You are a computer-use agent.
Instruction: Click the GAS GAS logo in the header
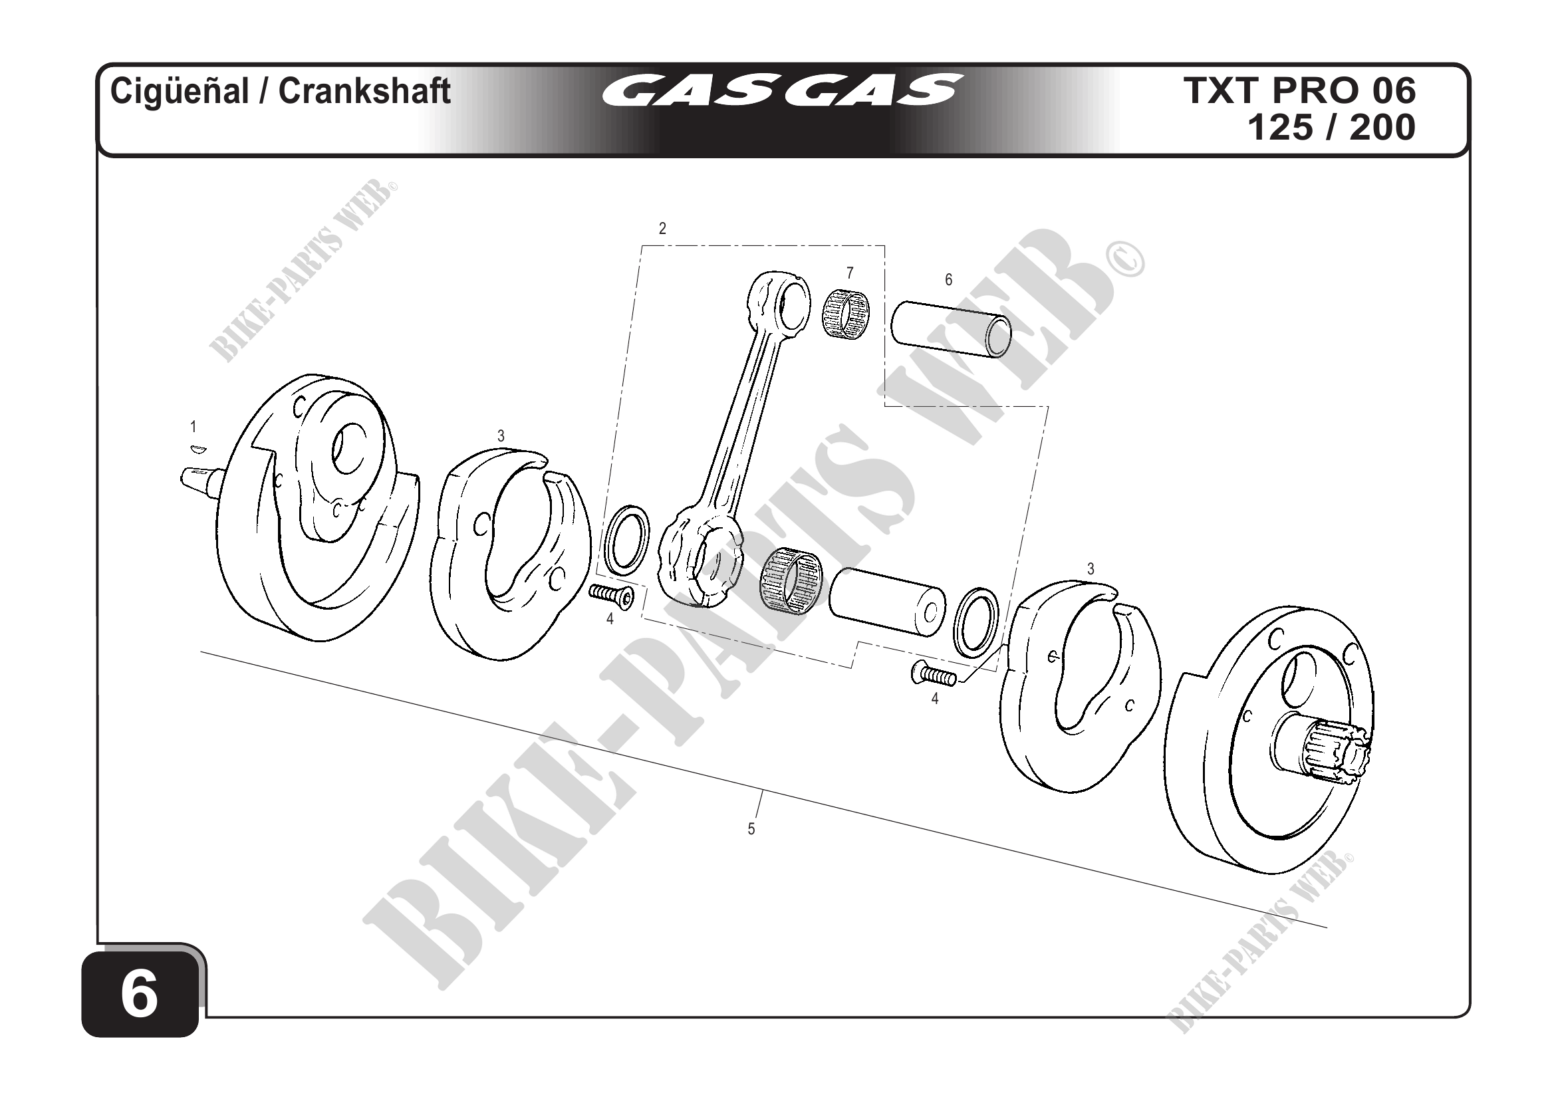click(x=781, y=91)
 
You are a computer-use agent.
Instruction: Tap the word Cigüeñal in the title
click(x=180, y=91)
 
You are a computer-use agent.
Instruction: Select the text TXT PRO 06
click(x=1299, y=91)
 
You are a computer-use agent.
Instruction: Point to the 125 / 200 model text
click(x=1331, y=127)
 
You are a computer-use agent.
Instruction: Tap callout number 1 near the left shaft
click(x=194, y=427)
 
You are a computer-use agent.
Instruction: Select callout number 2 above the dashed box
click(x=662, y=229)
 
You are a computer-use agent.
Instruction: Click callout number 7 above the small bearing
click(x=849, y=273)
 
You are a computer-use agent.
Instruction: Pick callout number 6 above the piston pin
click(x=948, y=279)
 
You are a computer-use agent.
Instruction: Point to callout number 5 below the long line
click(x=751, y=829)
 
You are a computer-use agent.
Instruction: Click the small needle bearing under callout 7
click(x=846, y=313)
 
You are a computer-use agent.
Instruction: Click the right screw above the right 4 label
click(x=933, y=675)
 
